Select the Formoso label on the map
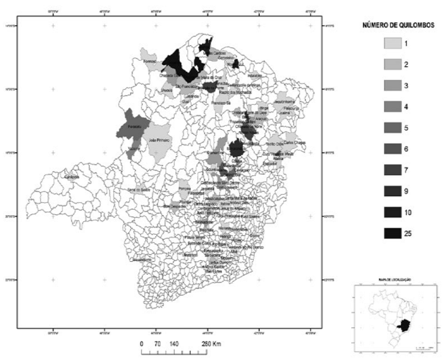pyautogui.click(x=150, y=61)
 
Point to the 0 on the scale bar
pyautogui.click(x=142, y=345)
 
